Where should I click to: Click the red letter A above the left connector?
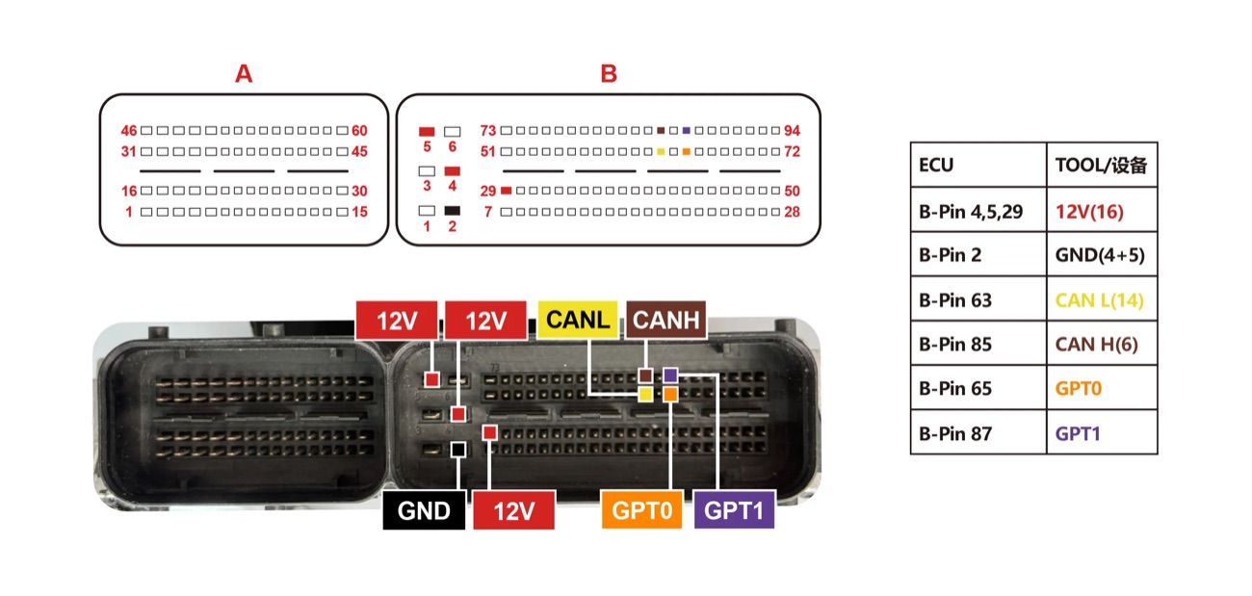click(244, 74)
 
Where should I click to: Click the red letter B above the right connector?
click(609, 74)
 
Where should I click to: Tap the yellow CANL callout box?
click(578, 320)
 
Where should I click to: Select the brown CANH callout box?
click(666, 320)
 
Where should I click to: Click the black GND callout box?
click(424, 510)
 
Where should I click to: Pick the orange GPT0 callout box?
click(641, 510)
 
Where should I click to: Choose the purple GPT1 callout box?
click(734, 510)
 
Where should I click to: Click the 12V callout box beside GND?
click(514, 510)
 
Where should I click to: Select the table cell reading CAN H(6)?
click(1102, 344)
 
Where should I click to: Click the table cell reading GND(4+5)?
click(1102, 255)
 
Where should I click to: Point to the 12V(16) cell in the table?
click(1102, 211)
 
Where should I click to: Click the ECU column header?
click(978, 165)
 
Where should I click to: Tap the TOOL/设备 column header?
click(1102, 165)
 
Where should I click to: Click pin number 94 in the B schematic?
click(792, 131)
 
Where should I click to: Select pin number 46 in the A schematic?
click(129, 131)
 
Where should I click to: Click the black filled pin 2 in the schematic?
click(453, 211)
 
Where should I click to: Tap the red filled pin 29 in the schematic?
click(507, 191)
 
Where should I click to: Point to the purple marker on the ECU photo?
click(670, 376)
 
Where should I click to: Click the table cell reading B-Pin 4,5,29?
click(978, 211)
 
